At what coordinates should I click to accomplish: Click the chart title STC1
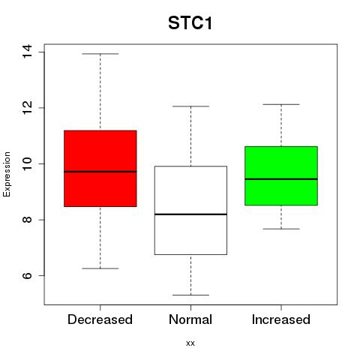(190, 23)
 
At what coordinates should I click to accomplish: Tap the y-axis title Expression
(7, 174)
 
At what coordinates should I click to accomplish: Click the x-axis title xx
(190, 343)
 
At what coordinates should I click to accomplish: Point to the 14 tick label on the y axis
(27, 52)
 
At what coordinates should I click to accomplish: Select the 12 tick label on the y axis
(27, 107)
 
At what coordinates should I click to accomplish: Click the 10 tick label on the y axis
(27, 163)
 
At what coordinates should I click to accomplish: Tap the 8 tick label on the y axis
(27, 220)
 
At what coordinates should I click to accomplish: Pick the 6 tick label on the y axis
(27, 275)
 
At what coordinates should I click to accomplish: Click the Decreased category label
(100, 319)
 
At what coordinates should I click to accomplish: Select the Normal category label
(190, 319)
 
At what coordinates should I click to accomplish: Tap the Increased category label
(281, 319)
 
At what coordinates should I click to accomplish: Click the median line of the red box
(100, 172)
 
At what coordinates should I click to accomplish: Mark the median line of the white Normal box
(190, 214)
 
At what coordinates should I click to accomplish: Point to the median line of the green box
(281, 179)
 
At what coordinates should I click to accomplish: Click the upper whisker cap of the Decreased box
(100, 53)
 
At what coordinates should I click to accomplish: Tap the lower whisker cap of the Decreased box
(100, 268)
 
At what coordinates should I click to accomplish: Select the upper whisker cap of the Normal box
(190, 106)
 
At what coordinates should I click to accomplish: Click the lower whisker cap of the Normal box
(190, 295)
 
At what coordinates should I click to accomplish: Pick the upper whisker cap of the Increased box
(281, 104)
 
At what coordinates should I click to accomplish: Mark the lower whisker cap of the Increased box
(281, 229)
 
